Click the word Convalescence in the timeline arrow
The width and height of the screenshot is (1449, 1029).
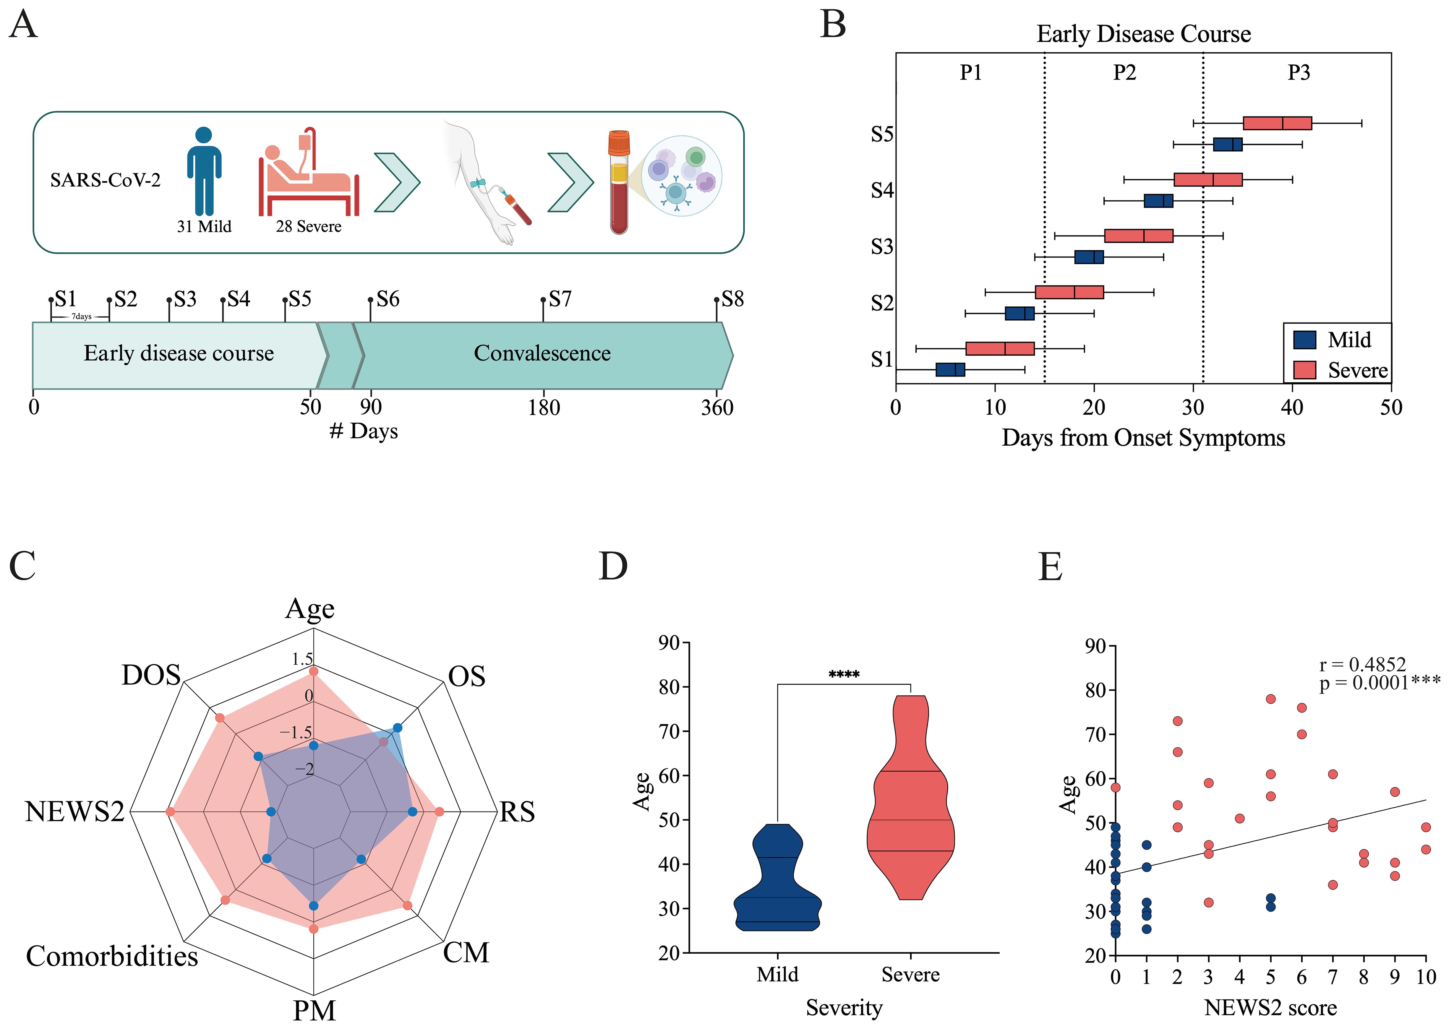(x=542, y=353)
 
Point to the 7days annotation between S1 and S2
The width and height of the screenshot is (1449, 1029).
(x=80, y=316)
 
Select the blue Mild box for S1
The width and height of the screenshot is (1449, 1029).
(x=950, y=369)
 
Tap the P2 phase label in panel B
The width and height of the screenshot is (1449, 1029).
(x=1124, y=73)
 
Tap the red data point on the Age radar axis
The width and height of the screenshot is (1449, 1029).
(x=312, y=670)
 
